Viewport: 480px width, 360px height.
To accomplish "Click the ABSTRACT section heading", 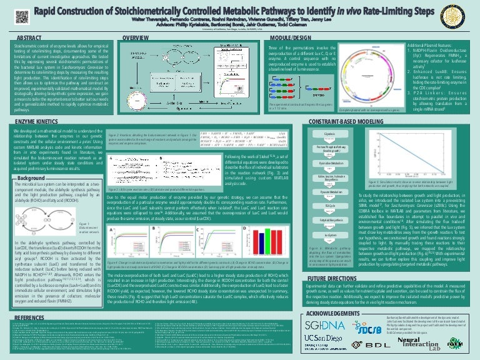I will click(30, 39).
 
